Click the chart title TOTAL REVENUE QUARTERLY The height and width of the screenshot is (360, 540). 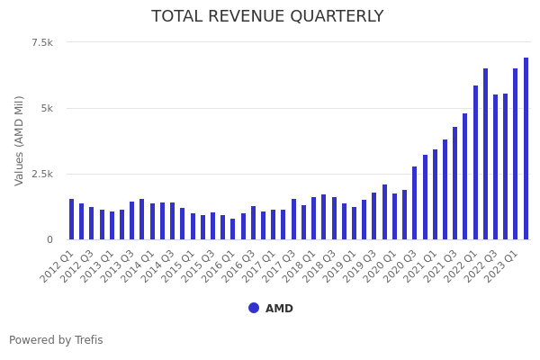[x=267, y=17]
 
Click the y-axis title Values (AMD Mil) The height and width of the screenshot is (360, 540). [x=20, y=140]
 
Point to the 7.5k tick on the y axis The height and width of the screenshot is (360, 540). [x=42, y=42]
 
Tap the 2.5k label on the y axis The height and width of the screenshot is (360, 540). [x=42, y=174]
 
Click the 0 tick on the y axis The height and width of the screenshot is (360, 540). [x=49, y=239]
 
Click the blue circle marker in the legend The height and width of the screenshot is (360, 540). [x=254, y=308]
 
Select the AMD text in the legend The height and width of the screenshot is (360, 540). [x=279, y=309]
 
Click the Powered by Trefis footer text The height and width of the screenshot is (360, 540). [x=56, y=340]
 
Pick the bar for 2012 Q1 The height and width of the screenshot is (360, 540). [x=71, y=220]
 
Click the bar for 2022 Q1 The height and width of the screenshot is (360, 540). [x=475, y=163]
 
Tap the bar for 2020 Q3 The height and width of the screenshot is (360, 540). [x=414, y=203]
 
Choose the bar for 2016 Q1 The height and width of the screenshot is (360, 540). [x=232, y=229]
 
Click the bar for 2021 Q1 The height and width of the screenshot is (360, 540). [x=435, y=194]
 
